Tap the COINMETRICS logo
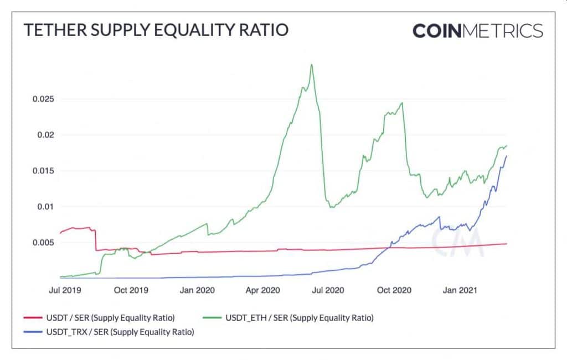(477, 30)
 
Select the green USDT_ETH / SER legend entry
(299, 318)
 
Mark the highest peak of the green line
(312, 65)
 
